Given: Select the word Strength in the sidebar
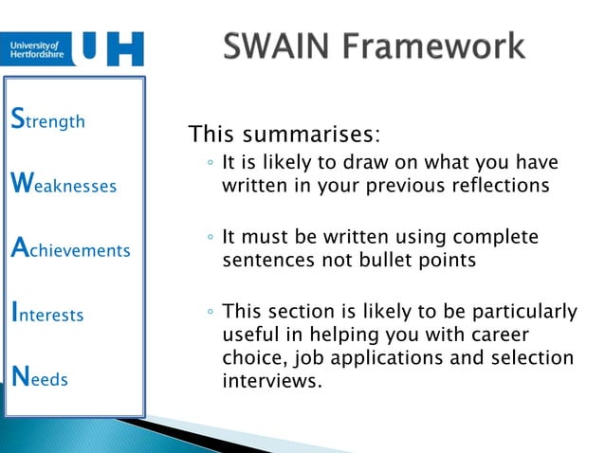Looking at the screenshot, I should point(46,120).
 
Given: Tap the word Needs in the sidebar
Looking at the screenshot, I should point(39,378).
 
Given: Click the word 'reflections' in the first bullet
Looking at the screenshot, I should point(500,186).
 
